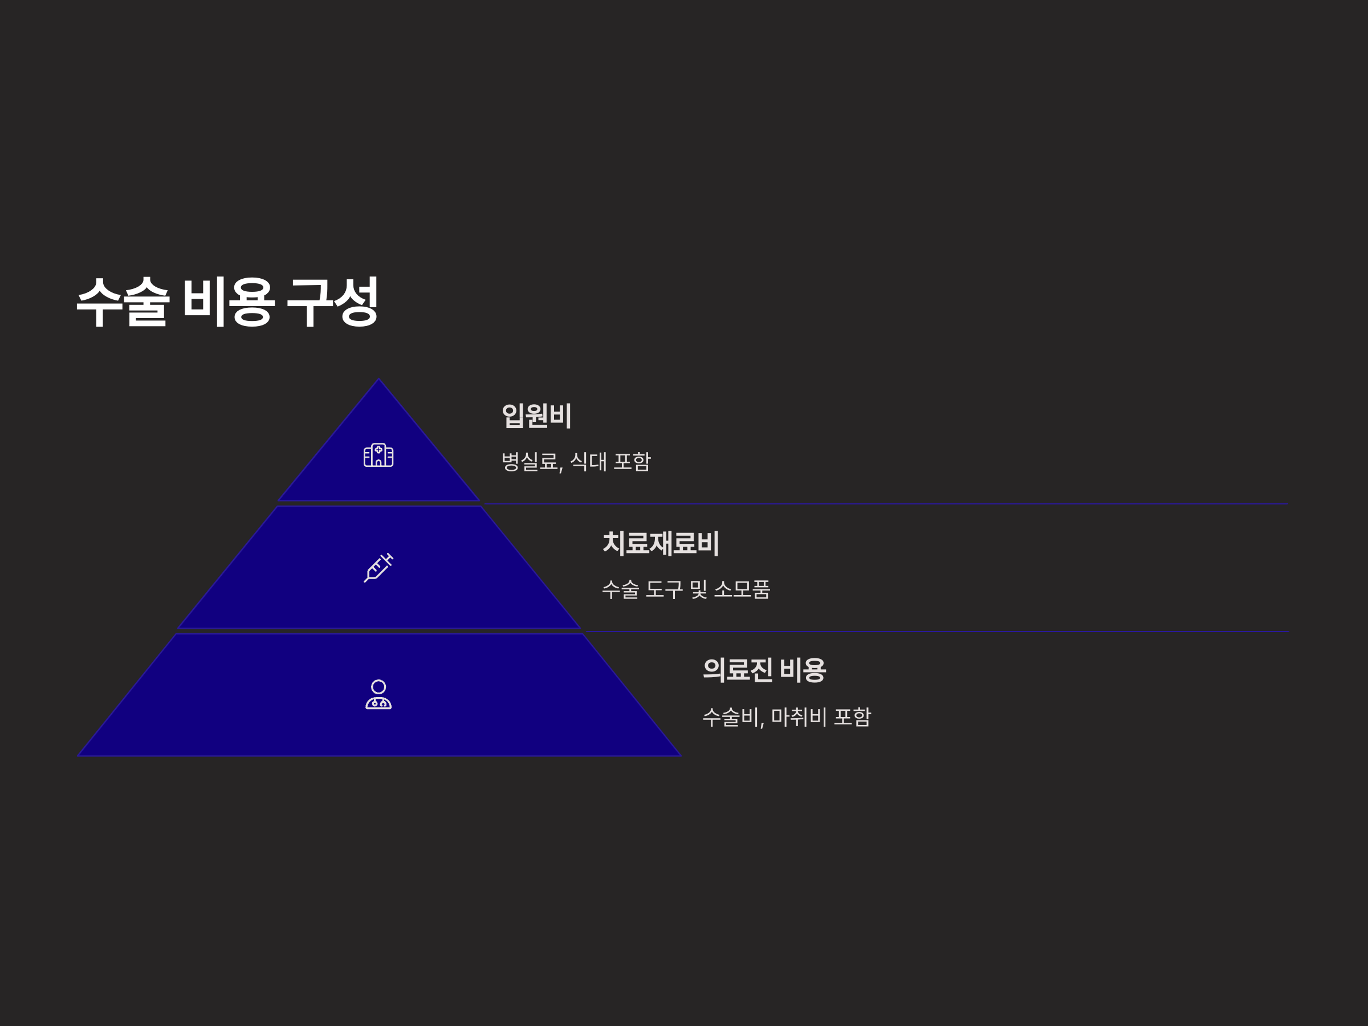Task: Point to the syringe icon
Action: (x=378, y=567)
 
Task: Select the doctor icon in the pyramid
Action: (x=378, y=694)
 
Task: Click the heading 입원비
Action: (x=536, y=415)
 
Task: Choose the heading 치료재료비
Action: (x=661, y=543)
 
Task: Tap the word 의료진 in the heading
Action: (x=738, y=670)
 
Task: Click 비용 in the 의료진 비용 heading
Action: (x=803, y=670)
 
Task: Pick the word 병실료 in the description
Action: (x=530, y=461)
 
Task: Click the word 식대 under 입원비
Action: (x=588, y=461)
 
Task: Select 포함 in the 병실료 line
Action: (x=632, y=461)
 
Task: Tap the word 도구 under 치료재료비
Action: (x=664, y=589)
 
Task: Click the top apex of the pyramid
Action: (x=379, y=380)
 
